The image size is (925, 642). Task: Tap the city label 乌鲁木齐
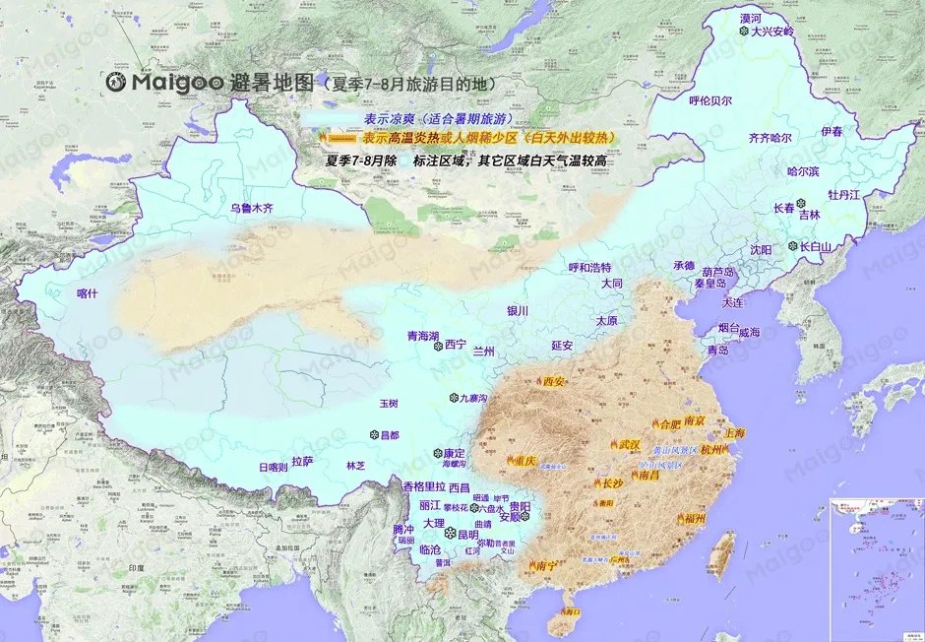(x=250, y=208)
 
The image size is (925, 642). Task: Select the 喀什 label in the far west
(x=89, y=292)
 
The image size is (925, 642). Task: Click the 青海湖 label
(x=424, y=336)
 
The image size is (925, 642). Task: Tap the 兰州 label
(x=484, y=352)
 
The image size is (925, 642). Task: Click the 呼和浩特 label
(x=590, y=267)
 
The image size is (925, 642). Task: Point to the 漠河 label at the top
(x=751, y=18)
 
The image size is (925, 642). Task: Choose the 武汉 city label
(x=629, y=444)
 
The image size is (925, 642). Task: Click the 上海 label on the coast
(x=734, y=432)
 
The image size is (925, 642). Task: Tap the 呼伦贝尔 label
(x=709, y=99)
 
